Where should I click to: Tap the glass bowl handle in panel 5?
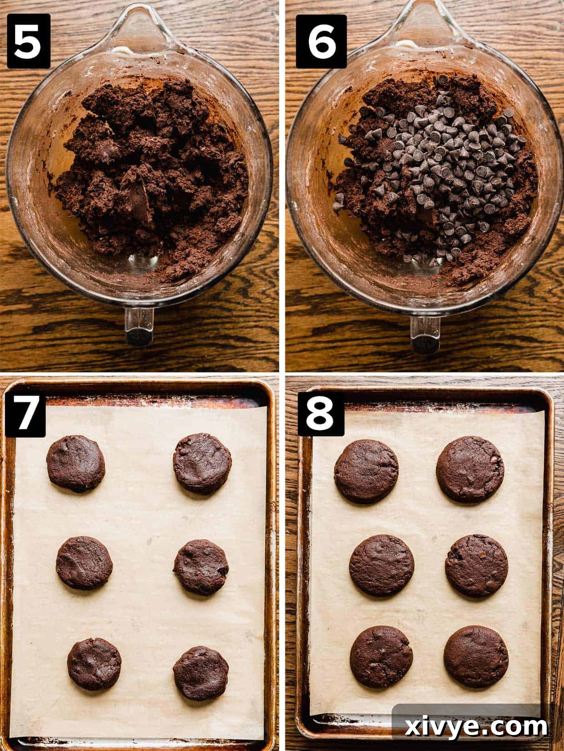[140, 325]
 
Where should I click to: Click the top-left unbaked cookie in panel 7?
[76, 464]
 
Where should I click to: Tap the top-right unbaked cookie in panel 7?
[202, 464]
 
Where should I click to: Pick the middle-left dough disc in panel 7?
[85, 562]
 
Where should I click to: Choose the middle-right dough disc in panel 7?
[201, 567]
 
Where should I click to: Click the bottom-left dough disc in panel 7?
[94, 664]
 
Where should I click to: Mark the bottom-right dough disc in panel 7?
[201, 673]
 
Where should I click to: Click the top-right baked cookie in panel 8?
[470, 469]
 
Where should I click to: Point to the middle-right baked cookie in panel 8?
[476, 565]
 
